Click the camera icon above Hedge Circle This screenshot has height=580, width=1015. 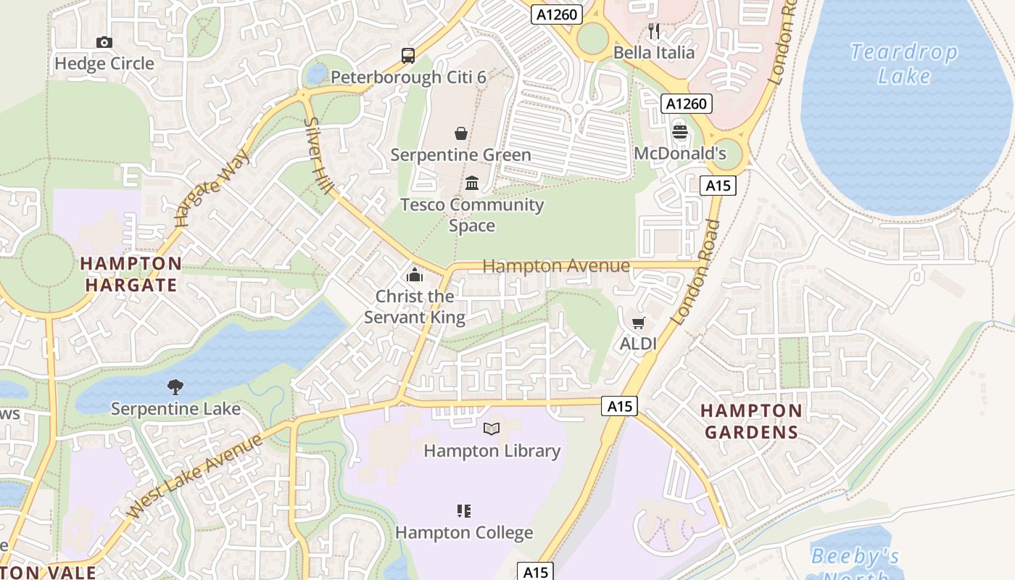[x=104, y=43]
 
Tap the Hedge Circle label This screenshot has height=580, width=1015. [x=104, y=64]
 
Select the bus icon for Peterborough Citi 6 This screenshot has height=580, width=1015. [x=408, y=56]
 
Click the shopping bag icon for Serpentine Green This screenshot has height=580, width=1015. [x=460, y=133]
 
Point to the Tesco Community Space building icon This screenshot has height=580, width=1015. [x=472, y=183]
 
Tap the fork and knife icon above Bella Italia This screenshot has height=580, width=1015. [x=654, y=30]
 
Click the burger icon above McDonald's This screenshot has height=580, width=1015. [x=679, y=132]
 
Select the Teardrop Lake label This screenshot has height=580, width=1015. [x=903, y=64]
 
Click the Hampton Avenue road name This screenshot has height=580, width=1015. [x=556, y=266]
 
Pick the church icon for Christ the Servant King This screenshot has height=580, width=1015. [x=415, y=275]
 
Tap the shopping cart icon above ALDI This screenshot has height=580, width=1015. [x=638, y=323]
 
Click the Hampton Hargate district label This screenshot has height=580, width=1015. [x=131, y=274]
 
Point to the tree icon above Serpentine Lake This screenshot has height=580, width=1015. [x=175, y=387]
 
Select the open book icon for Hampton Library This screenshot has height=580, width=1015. [x=492, y=429]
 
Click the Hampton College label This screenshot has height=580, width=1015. [x=464, y=533]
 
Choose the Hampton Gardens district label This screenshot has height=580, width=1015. [x=751, y=422]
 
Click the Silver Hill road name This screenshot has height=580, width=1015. [x=319, y=157]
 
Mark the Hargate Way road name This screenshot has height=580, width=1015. [x=212, y=188]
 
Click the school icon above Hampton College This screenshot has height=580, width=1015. [x=464, y=511]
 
